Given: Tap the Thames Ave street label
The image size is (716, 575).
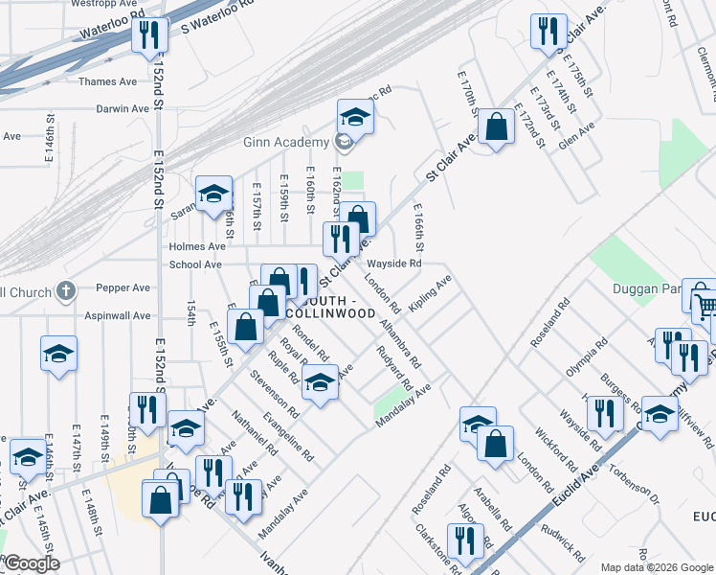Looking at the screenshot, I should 108,82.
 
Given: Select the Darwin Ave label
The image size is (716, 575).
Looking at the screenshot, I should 123,109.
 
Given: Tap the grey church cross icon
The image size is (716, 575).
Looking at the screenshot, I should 65,289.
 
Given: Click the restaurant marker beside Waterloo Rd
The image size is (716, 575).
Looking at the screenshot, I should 149,36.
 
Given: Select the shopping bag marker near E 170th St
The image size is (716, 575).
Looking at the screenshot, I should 496,126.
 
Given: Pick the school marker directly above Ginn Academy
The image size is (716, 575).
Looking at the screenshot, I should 355,118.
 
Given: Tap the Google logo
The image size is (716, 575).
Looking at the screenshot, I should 32,563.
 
